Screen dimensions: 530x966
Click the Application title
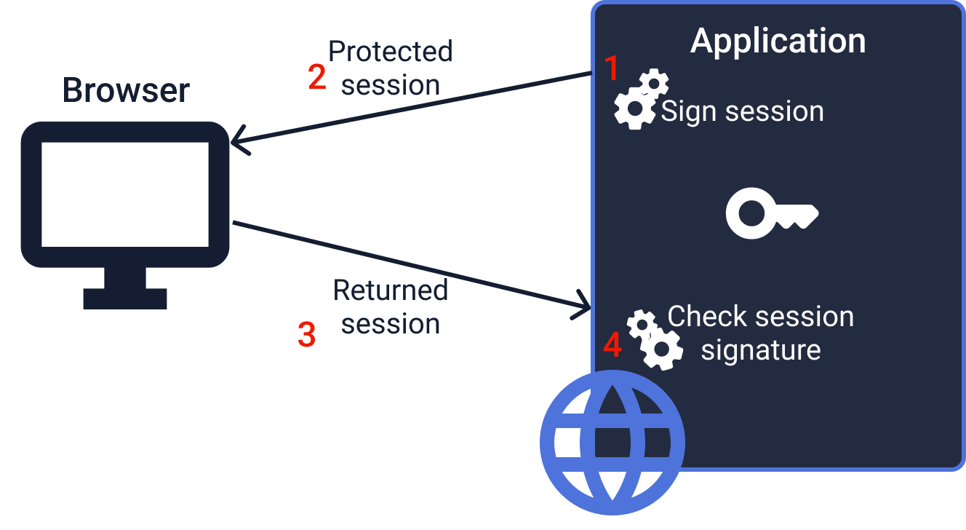click(778, 41)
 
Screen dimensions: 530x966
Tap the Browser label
click(126, 90)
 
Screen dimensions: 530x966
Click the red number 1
click(612, 68)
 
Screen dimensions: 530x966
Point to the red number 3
click(307, 335)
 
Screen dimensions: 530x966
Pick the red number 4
click(612, 345)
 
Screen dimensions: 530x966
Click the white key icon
click(771, 213)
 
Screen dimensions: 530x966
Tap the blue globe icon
click(612, 441)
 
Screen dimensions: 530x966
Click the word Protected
click(391, 52)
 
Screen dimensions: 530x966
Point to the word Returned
click(391, 290)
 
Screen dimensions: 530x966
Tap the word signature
click(760, 350)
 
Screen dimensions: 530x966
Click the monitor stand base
click(125, 298)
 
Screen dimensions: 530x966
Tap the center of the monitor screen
click(125, 194)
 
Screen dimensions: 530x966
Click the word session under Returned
click(391, 324)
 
